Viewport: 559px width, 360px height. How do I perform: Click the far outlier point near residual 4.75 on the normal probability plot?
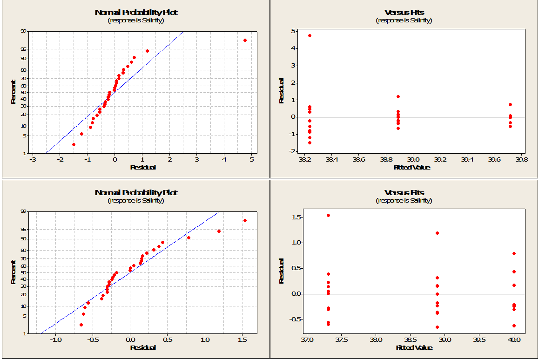coord(245,41)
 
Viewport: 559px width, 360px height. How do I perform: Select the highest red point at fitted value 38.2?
coord(310,35)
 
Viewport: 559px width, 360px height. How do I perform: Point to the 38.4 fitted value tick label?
coord(331,159)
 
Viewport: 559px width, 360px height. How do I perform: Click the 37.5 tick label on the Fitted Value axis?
coord(341,340)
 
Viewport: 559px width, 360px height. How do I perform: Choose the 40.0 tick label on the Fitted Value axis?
coord(514,340)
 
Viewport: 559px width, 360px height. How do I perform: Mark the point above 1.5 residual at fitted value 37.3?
coord(328,216)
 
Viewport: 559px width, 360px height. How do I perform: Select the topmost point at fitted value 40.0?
coord(514,254)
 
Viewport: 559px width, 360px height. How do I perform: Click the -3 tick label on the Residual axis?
coord(33,159)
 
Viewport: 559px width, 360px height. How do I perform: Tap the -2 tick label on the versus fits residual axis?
coord(294,151)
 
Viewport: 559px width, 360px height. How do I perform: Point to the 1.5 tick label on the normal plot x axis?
coord(242,340)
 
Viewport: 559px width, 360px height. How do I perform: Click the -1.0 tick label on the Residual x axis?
coord(55,340)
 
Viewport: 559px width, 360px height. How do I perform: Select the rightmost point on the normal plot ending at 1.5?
coord(245,220)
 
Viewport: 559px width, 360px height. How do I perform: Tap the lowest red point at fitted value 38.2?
coord(310,143)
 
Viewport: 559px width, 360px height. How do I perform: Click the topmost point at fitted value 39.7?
coord(510,105)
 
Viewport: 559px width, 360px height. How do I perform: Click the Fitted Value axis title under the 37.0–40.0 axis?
coord(414,347)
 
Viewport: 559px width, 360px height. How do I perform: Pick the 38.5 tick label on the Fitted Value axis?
coord(410,340)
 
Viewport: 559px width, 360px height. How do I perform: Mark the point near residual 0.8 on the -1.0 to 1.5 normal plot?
coord(189,238)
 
